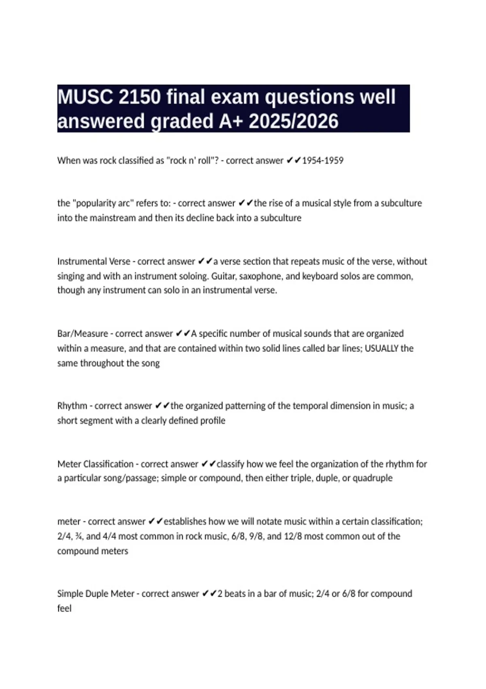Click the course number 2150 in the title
tap(140, 97)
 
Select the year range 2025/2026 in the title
tap(294, 121)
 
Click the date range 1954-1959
tap(323, 160)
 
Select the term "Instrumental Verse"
tap(94, 261)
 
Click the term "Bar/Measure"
tap(83, 334)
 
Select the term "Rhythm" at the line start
tap(72, 406)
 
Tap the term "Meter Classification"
tap(95, 464)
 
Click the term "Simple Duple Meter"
tap(96, 594)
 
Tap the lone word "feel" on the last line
tap(64, 608)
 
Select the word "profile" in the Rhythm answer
tap(211, 421)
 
